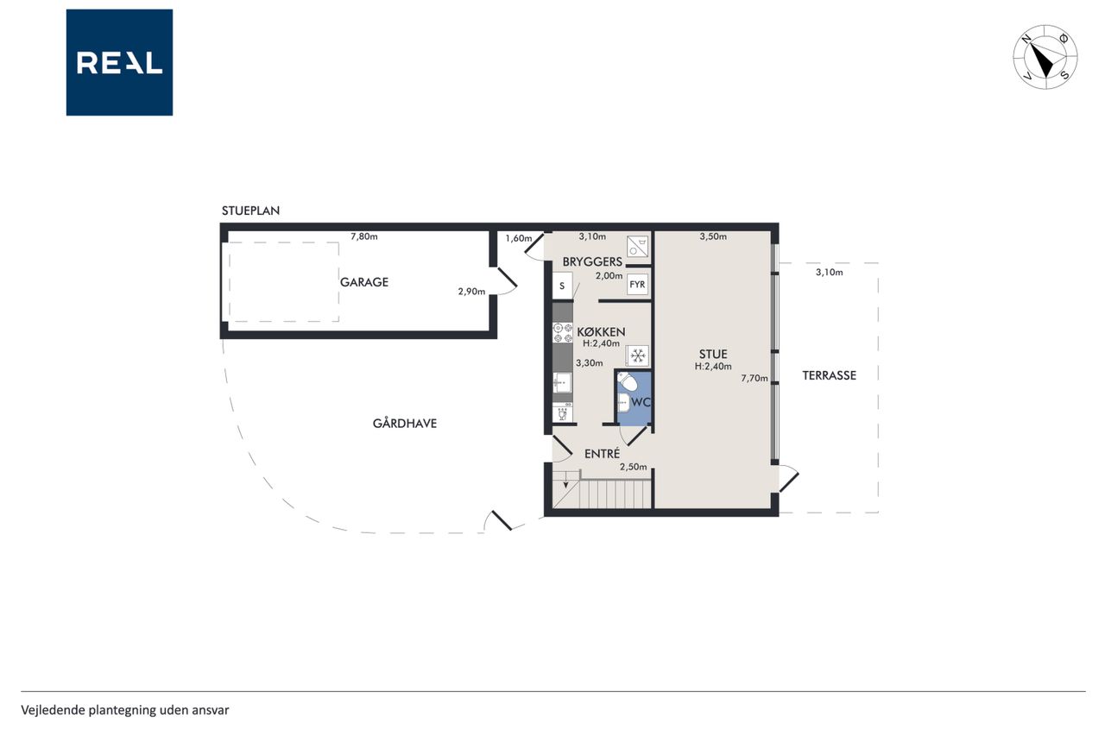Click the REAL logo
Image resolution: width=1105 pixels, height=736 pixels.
119,63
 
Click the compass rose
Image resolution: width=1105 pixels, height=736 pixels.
1045,57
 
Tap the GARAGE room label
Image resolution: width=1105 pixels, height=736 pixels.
364,282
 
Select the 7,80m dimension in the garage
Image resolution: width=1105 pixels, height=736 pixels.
364,236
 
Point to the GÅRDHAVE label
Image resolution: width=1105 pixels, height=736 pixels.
405,424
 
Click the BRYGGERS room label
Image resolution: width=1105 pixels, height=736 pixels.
592,261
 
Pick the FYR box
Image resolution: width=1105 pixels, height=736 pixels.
637,285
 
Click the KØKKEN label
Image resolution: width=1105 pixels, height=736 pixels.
601,332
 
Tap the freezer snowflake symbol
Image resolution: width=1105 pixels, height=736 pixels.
637,355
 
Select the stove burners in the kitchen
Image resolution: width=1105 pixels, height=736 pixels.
562,333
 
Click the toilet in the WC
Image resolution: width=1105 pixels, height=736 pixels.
627,381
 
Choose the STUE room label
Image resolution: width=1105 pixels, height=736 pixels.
713,354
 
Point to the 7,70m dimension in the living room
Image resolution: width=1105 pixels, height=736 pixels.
755,378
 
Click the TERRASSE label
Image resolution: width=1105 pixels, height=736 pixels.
830,375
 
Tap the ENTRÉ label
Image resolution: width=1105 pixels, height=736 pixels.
602,454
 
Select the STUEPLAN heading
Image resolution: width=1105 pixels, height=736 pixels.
250,211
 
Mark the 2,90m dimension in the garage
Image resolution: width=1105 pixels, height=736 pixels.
471,292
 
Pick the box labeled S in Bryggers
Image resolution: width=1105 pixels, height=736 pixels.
562,286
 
